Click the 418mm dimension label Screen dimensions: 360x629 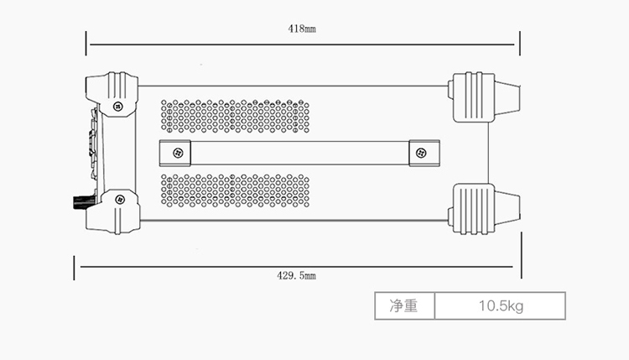tap(302, 29)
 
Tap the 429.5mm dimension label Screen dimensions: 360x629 tap(297, 274)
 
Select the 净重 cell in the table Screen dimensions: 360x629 tap(403, 306)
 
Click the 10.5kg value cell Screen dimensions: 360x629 tap(500, 306)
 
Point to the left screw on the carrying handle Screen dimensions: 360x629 tap(177, 153)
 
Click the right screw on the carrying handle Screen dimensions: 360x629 tap(420, 153)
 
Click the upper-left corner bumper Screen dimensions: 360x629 tap(112, 91)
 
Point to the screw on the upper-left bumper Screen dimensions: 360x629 tap(118, 107)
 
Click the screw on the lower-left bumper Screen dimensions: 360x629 tap(118, 199)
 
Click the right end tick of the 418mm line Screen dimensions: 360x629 tap(520, 45)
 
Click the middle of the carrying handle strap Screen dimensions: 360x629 tap(299, 153)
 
